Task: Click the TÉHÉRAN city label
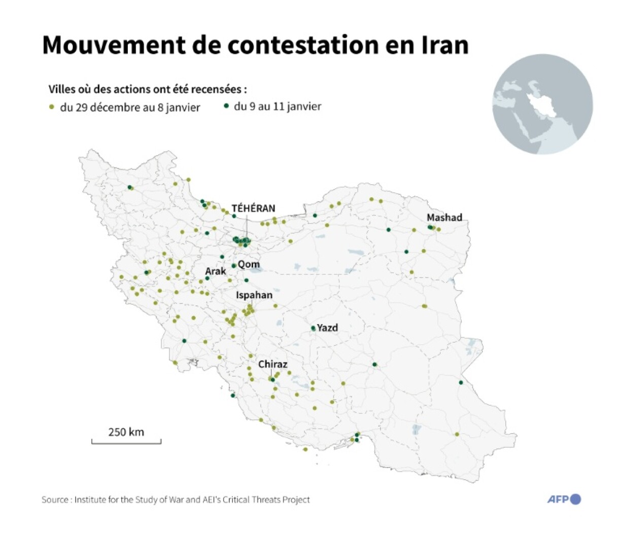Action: point(253,208)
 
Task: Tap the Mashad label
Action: point(444,217)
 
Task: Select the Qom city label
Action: point(249,264)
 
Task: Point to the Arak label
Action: point(216,271)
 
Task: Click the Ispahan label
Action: point(254,295)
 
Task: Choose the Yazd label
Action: point(327,328)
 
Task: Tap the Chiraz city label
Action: point(272,364)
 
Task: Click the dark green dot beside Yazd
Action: point(313,328)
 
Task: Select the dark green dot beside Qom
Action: point(234,265)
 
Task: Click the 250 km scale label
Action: point(126,432)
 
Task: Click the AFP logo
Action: point(564,499)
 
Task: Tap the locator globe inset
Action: point(542,104)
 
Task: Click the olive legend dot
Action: point(51,107)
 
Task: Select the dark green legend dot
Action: point(226,106)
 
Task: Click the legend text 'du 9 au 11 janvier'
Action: point(277,106)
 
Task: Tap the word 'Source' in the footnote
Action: point(55,500)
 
